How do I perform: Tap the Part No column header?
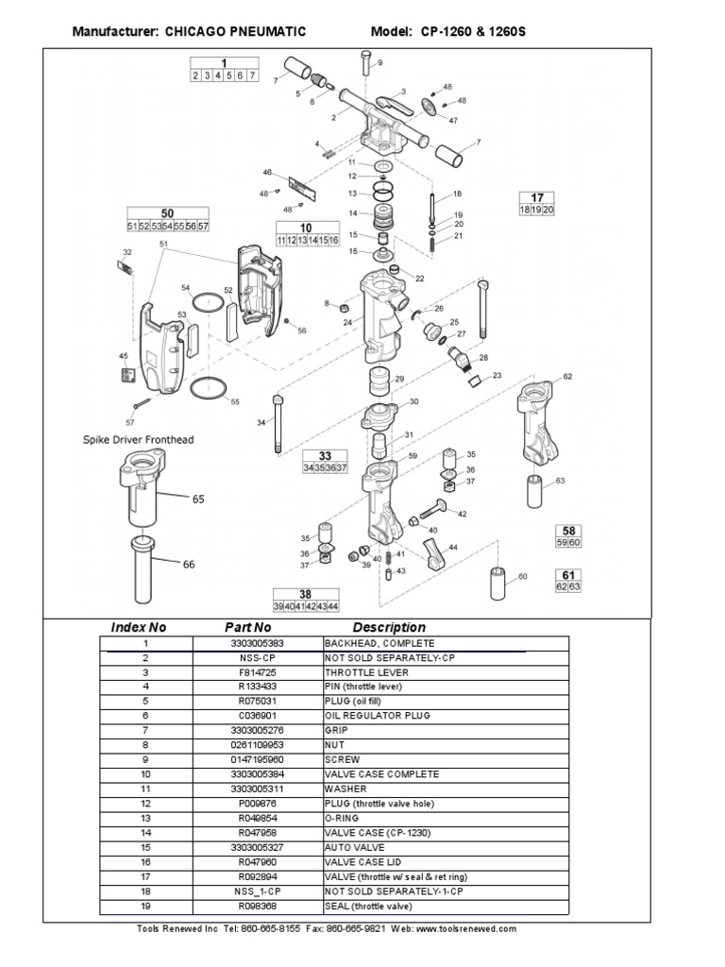pos(247,627)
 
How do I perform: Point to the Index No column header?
pos(139,627)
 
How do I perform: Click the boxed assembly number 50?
pos(168,214)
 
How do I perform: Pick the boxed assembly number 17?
pos(537,197)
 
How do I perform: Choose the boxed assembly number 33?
pos(325,455)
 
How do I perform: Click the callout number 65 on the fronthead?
pos(198,499)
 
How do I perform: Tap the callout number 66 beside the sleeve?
pos(189,564)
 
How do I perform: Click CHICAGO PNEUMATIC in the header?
pos(235,32)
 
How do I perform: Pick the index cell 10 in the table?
pos(146,774)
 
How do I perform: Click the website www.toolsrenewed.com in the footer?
pos(467,929)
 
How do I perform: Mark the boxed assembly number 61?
pos(569,574)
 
